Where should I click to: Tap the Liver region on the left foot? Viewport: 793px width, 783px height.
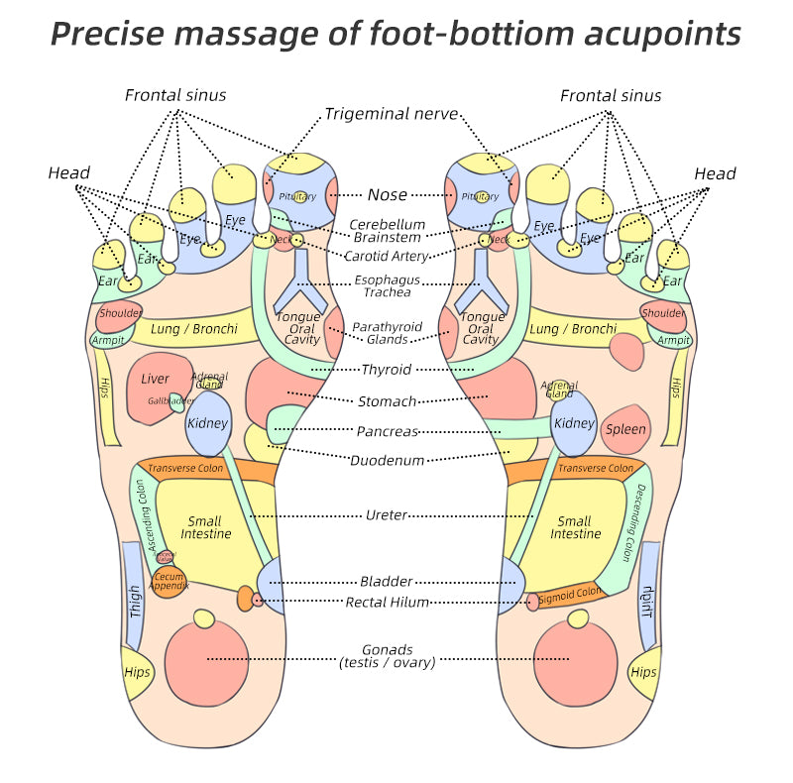coord(155,380)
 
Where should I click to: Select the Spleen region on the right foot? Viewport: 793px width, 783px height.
coord(625,429)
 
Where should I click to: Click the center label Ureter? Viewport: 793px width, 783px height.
coord(387,515)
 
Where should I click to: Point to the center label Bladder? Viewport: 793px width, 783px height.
coord(387,582)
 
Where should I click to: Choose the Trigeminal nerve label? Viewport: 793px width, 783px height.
coord(391,114)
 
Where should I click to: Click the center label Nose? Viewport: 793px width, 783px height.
coord(387,195)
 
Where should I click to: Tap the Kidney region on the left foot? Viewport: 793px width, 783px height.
coord(207,423)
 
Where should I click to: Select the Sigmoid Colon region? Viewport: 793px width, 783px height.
coord(570,595)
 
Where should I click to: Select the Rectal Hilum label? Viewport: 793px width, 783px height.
coord(387,602)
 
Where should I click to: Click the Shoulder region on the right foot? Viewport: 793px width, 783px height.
coord(663,313)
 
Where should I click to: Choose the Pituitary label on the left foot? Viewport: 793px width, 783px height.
coord(297,197)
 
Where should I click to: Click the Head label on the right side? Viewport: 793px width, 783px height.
coord(715,174)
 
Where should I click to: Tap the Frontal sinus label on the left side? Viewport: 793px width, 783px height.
coord(175,96)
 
